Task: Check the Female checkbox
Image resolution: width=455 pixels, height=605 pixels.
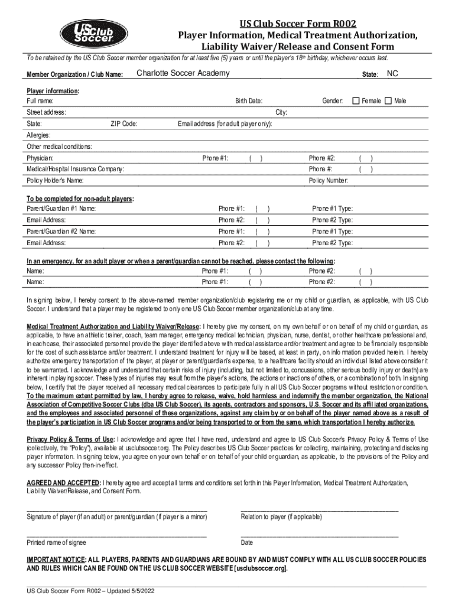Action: [x=356, y=101]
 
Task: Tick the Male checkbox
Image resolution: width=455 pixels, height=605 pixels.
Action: [x=388, y=101]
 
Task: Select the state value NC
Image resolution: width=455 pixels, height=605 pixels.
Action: [x=393, y=74]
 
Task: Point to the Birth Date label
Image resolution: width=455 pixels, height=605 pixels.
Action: [x=249, y=102]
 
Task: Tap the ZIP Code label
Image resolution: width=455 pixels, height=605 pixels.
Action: [x=124, y=124]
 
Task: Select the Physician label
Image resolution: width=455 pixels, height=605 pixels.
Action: [x=40, y=158]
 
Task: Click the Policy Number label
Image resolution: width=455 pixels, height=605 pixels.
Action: [x=328, y=180]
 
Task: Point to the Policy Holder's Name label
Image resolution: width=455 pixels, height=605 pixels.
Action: [x=55, y=180]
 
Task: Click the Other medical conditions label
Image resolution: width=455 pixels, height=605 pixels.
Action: [x=58, y=147]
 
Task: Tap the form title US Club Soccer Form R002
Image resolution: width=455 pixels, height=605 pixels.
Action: [x=297, y=24]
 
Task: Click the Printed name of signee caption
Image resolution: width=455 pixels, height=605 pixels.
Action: [x=56, y=542]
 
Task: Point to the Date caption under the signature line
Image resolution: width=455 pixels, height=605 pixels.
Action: [x=247, y=542]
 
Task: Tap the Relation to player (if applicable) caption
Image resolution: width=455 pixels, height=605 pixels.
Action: [x=281, y=516]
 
